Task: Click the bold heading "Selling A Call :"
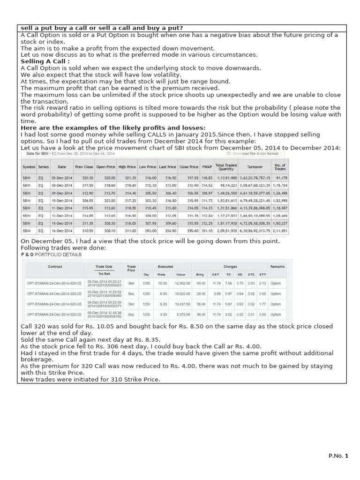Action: click(45, 61)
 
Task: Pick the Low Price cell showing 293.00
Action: click(151, 231)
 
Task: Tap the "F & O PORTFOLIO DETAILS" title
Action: click(51, 255)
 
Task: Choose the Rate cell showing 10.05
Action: click(162, 283)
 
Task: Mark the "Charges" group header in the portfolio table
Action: click(230, 266)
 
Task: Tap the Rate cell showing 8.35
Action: click(162, 304)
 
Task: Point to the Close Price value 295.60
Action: click(189, 231)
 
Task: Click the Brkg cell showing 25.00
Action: click(201, 293)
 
